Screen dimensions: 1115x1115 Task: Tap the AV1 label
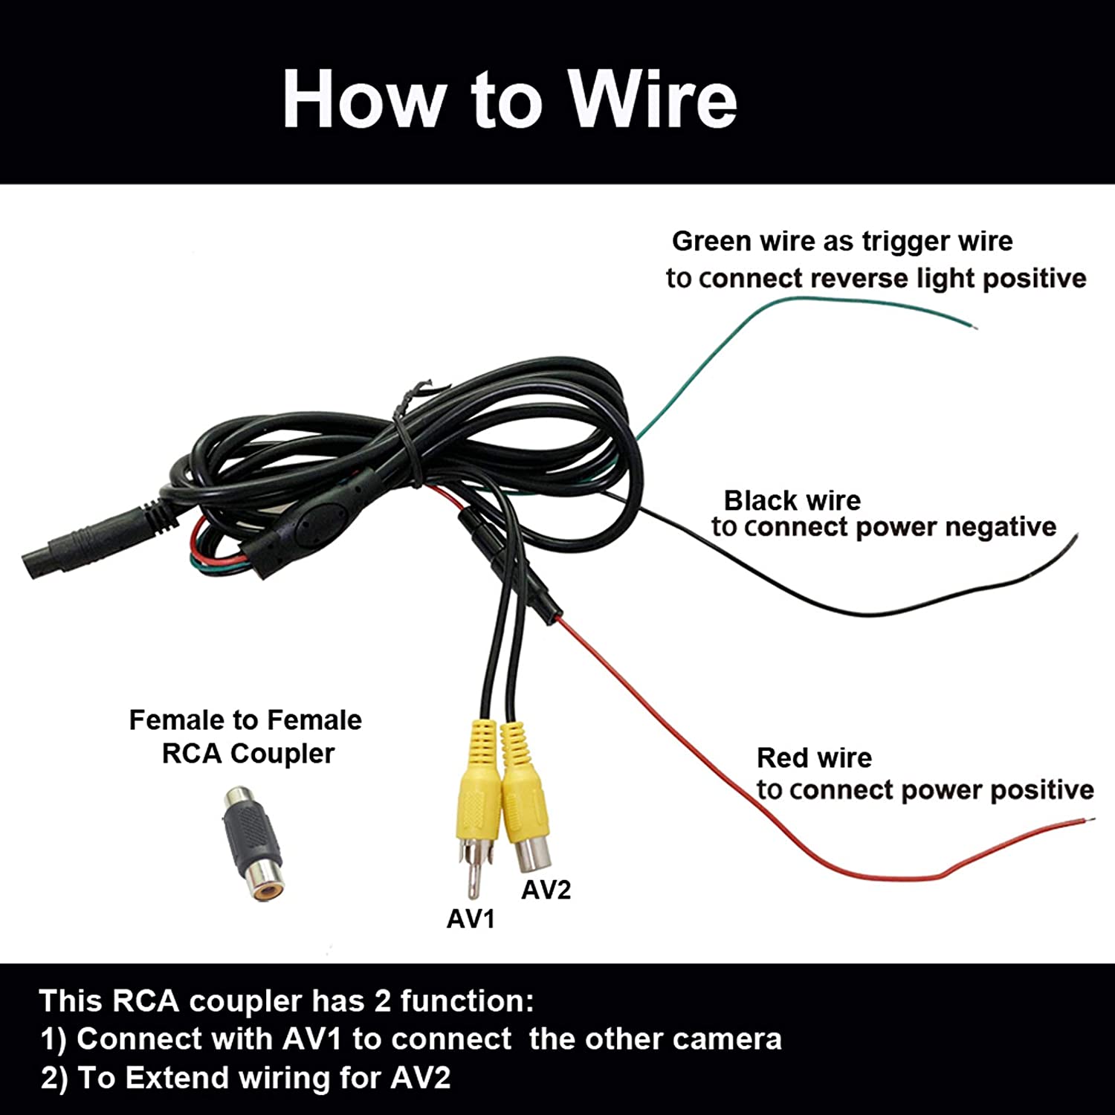[x=471, y=919]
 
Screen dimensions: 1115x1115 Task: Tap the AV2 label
[x=546, y=890]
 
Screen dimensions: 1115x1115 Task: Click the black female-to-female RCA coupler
[x=252, y=844]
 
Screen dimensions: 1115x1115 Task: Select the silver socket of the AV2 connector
[x=531, y=854]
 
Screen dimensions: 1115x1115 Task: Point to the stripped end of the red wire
[x=1087, y=820]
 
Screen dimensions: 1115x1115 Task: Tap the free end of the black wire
[x=1074, y=540]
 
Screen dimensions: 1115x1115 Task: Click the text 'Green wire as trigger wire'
[x=842, y=241]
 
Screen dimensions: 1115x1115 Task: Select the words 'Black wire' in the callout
[x=792, y=500]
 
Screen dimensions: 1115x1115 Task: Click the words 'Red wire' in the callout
[x=814, y=757]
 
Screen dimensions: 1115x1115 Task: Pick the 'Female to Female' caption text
[x=245, y=720]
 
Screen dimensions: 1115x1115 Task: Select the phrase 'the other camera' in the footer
[x=656, y=1038]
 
